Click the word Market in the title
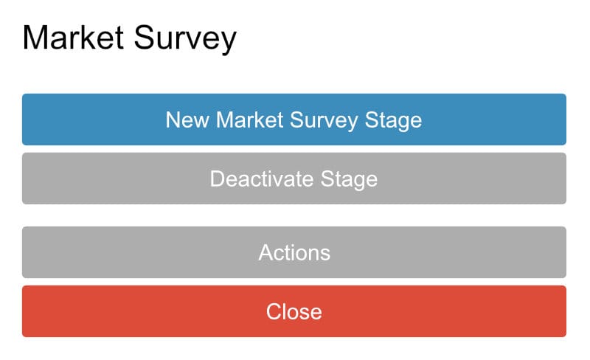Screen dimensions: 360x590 click(73, 38)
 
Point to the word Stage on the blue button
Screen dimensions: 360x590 click(394, 120)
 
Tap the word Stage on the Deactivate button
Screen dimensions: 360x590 click(350, 179)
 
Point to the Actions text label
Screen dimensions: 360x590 click(294, 252)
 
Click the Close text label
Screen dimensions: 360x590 click(294, 311)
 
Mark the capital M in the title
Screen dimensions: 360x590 click(35, 38)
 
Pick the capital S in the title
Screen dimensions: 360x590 click(145, 38)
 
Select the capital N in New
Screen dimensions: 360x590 click(173, 120)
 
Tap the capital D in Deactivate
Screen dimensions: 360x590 click(217, 179)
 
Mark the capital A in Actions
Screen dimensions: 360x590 click(265, 252)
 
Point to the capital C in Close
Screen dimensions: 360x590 click(274, 311)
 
